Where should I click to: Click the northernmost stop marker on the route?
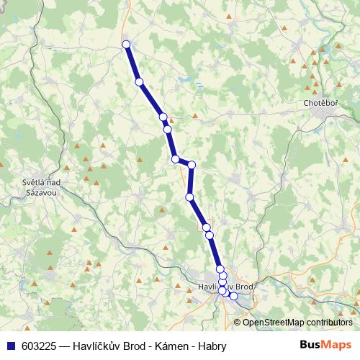click(x=127, y=45)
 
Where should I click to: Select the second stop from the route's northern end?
click(x=139, y=82)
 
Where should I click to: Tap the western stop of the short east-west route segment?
click(x=175, y=159)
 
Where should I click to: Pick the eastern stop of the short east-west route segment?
click(x=192, y=165)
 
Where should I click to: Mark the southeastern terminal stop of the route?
click(x=233, y=296)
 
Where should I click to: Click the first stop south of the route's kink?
click(x=189, y=197)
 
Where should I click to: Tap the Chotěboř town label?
click(x=321, y=103)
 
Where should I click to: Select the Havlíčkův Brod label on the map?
click(x=225, y=287)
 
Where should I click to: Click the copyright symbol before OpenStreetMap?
click(x=238, y=322)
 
